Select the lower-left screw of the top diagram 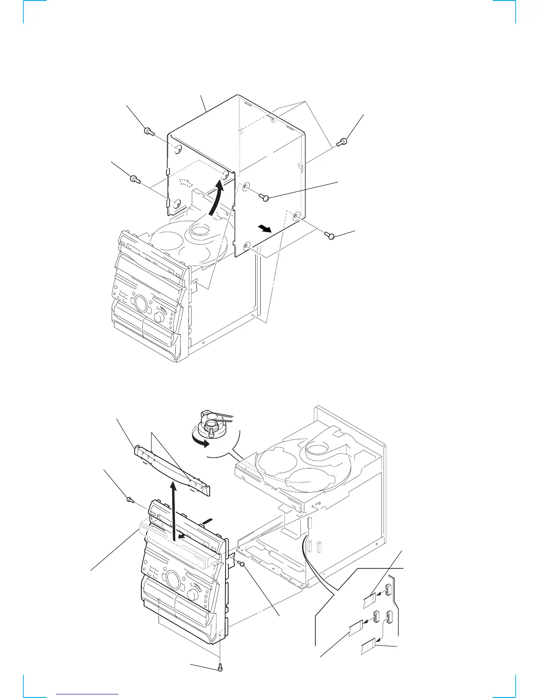point(134,179)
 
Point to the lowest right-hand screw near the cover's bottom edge point(330,236)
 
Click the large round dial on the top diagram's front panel point(141,304)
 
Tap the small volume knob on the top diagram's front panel point(160,317)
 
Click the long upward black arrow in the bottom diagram point(174,511)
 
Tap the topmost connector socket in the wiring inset point(388,589)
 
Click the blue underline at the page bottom point(88,693)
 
